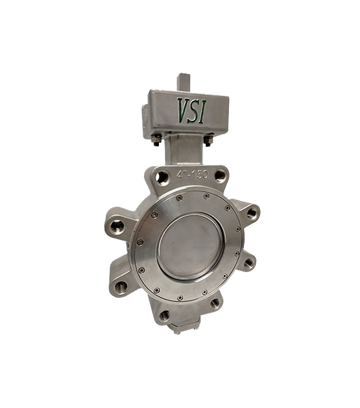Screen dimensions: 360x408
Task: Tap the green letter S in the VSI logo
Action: click(194, 111)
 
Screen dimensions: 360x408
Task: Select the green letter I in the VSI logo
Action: click(202, 112)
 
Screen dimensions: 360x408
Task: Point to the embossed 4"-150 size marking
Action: click(192, 174)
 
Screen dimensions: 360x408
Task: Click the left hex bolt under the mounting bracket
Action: click(156, 141)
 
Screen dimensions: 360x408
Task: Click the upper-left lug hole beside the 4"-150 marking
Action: click(162, 177)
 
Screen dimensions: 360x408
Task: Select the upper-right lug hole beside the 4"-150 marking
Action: click(221, 175)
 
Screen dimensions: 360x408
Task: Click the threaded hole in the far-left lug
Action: click(117, 227)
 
